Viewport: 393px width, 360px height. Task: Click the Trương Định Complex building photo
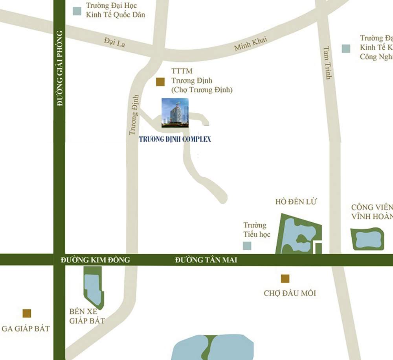coord(175,113)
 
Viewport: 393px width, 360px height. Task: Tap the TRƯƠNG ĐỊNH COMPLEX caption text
coord(175,139)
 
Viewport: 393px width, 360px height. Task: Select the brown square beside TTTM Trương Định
coord(160,82)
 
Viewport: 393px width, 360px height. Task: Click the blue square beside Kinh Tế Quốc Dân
coord(77,11)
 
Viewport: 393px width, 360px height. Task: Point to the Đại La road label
coord(115,42)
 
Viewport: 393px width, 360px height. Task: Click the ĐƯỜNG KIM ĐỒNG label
coord(95,260)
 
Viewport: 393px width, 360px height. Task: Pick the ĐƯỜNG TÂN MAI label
coord(206,260)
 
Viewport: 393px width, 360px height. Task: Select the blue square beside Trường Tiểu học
coord(247,246)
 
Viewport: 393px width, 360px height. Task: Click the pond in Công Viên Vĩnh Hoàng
coord(367,239)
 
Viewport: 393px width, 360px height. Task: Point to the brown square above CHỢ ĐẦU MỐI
coord(285,279)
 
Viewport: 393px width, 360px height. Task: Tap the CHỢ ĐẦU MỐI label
coord(290,293)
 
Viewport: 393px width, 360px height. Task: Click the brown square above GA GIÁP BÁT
coord(27,313)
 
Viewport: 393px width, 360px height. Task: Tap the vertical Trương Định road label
coord(134,114)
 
